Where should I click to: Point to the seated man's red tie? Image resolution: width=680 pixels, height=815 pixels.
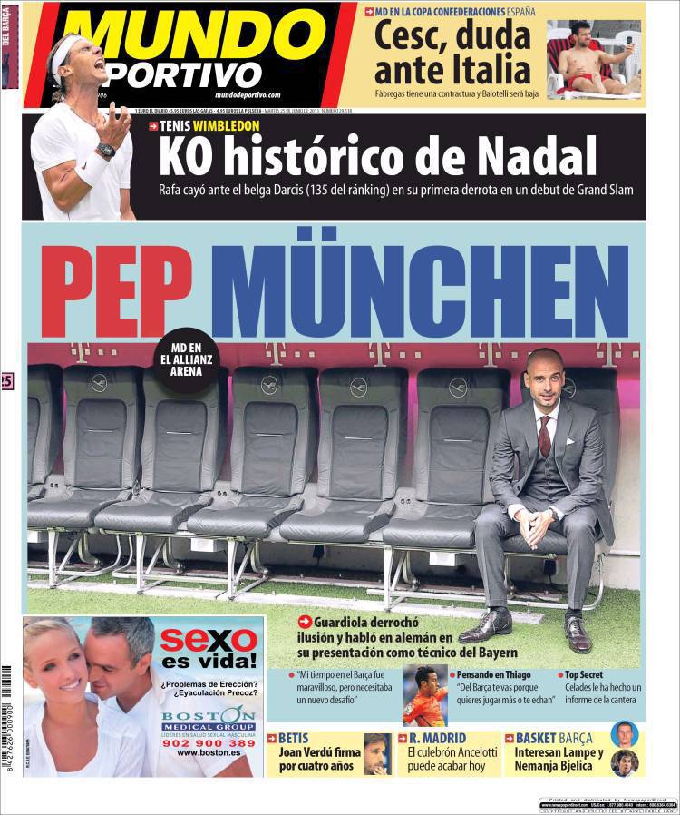(x=544, y=436)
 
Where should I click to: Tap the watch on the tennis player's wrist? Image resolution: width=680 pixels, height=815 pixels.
(x=106, y=151)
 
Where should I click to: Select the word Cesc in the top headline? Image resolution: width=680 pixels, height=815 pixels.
(x=415, y=39)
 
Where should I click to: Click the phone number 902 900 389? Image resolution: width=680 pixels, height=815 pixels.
(x=209, y=741)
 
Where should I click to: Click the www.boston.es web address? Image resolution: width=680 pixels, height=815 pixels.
(x=209, y=753)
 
